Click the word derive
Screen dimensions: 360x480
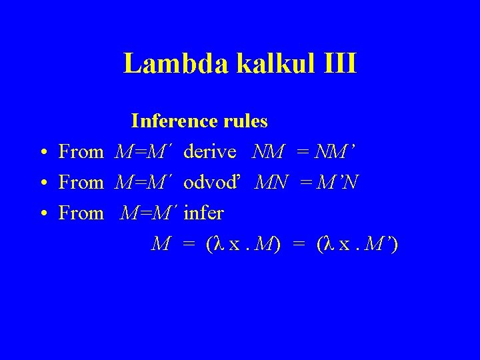(210, 152)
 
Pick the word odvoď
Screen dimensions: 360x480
(211, 183)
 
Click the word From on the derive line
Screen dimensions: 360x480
(81, 152)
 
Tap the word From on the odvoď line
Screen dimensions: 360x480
(81, 183)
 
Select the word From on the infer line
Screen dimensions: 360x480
(81, 213)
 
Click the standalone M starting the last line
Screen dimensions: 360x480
(160, 245)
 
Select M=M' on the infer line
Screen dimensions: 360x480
(151, 213)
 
